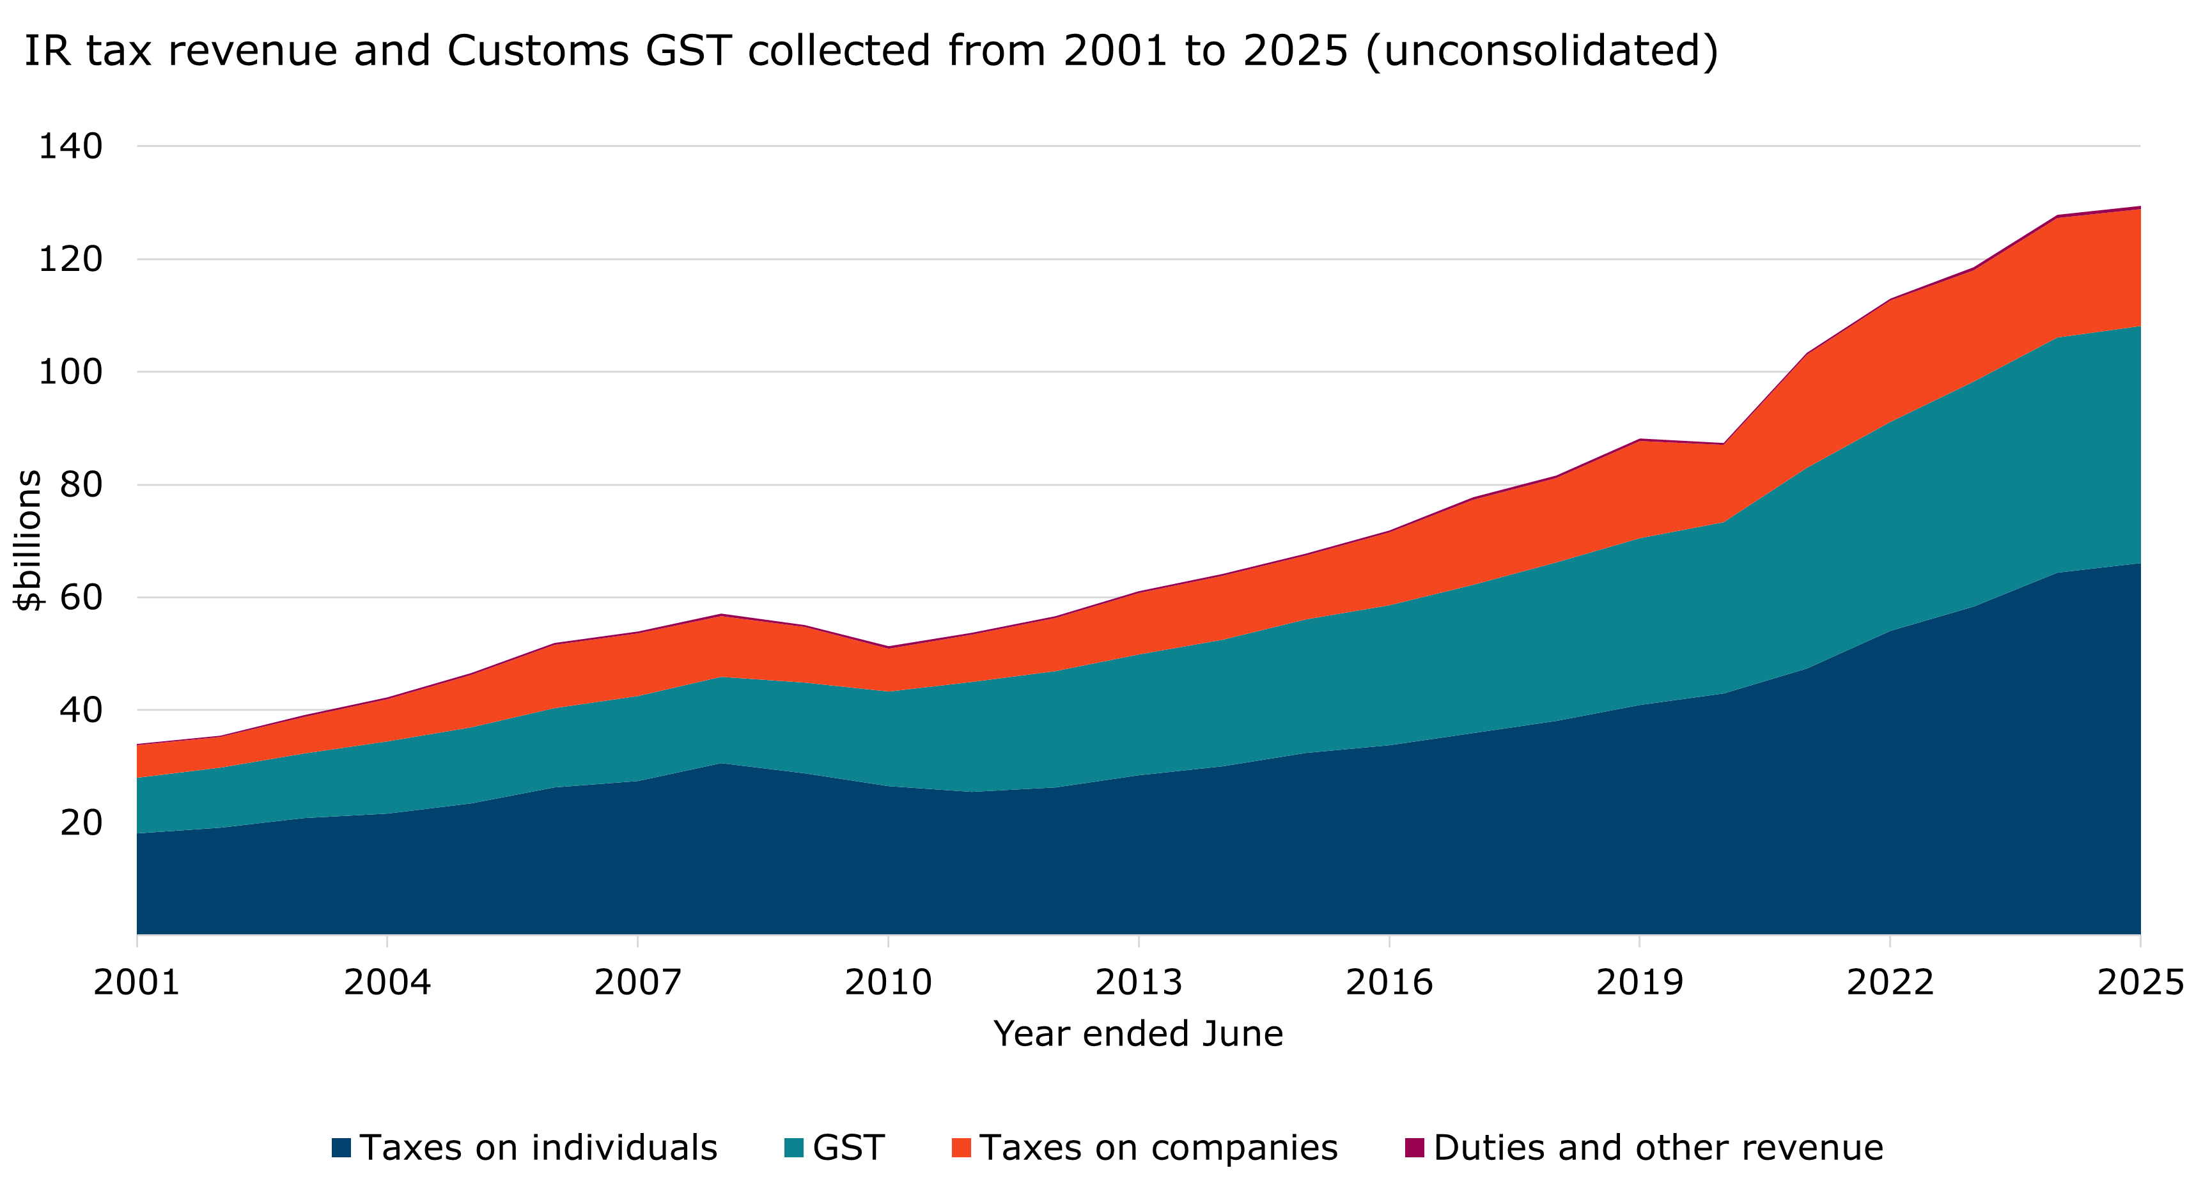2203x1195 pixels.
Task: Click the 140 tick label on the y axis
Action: pyautogui.click(x=70, y=146)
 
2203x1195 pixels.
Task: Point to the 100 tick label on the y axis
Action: pyautogui.click(x=70, y=372)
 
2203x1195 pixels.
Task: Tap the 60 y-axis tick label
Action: pyautogui.click(x=81, y=597)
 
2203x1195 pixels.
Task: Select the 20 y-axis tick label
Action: pyautogui.click(x=81, y=822)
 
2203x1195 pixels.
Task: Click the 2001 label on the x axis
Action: pyautogui.click(x=137, y=982)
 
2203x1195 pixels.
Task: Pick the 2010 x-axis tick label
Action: pyautogui.click(x=888, y=982)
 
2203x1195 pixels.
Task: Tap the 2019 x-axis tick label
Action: pyautogui.click(x=1639, y=982)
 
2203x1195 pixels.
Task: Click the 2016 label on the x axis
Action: pyautogui.click(x=1389, y=982)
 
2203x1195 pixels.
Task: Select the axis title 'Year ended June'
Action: pyautogui.click(x=1137, y=1035)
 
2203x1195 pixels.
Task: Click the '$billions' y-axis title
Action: pyautogui.click(x=28, y=540)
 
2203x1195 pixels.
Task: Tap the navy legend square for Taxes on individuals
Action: pyautogui.click(x=341, y=1148)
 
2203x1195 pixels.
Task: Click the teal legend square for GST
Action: pyautogui.click(x=793, y=1148)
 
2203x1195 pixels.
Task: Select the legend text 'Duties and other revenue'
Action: pyautogui.click(x=1658, y=1148)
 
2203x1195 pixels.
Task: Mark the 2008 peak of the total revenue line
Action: pyautogui.click(x=722, y=615)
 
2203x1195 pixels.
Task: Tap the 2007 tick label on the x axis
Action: pyautogui.click(x=638, y=982)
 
